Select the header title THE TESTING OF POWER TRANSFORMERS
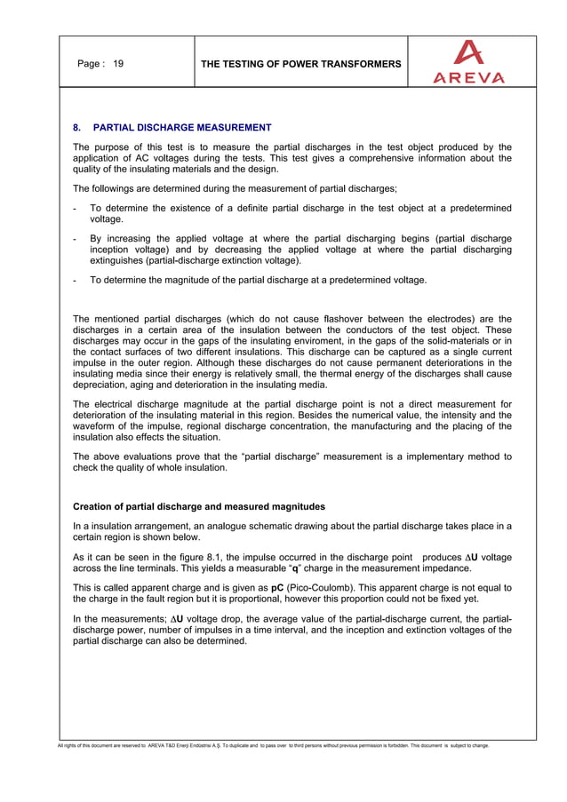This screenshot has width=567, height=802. (x=300, y=64)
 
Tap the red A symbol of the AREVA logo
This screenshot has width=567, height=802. (x=468, y=53)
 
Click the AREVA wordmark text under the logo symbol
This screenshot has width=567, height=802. (x=468, y=77)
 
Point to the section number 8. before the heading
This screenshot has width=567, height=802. (x=77, y=128)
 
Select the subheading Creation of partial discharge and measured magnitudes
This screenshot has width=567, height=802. (x=199, y=506)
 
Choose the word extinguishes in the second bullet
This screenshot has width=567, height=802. (x=119, y=261)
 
